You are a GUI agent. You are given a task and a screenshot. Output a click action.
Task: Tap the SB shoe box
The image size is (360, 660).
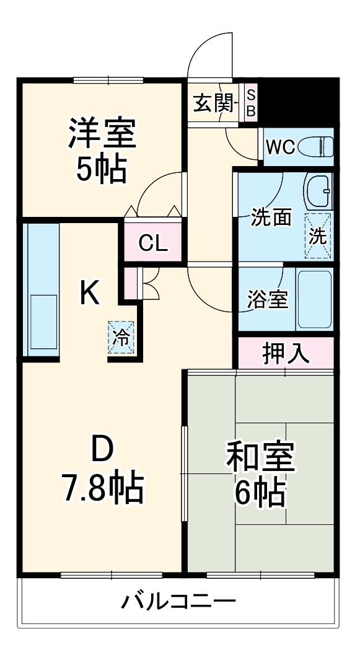click(x=251, y=103)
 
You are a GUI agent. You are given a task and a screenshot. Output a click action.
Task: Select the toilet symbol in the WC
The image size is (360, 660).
click(x=317, y=147)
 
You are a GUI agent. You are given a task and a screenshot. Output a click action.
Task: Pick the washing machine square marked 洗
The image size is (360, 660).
click(x=318, y=235)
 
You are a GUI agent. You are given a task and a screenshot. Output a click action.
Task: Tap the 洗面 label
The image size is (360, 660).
click(x=271, y=219)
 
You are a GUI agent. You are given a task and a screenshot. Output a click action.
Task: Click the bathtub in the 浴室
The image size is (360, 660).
click(x=314, y=299)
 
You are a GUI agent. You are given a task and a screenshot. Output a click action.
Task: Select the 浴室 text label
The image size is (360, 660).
click(x=267, y=299)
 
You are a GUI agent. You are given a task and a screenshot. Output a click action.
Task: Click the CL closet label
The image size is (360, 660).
click(x=153, y=244)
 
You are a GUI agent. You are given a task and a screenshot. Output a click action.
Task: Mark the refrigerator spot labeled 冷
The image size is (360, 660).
click(x=121, y=338)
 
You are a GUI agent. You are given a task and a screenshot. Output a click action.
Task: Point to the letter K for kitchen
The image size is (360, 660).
click(x=90, y=293)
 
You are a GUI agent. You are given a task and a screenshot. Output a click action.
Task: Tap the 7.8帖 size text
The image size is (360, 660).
click(x=103, y=488)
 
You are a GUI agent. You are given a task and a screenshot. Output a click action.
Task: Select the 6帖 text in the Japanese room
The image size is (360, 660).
click(x=260, y=493)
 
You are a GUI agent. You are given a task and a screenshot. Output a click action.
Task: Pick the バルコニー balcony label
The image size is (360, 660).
click(x=178, y=601)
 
